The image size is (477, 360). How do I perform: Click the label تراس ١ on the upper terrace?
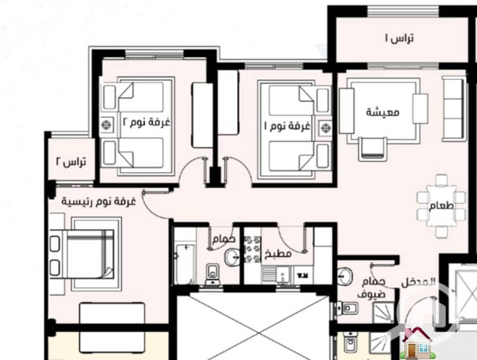399,38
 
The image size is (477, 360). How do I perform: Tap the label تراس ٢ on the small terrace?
71,162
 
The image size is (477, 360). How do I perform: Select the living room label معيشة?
383,112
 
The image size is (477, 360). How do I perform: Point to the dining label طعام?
441,206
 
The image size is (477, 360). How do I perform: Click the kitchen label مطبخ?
278,253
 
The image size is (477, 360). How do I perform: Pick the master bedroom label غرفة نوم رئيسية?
99,201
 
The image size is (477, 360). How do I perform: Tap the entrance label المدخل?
419,283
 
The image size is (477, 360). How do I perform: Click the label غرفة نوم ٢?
146,122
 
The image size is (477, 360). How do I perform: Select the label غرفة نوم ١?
287,126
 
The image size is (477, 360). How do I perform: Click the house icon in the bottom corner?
416,343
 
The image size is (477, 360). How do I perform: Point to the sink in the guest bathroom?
345,276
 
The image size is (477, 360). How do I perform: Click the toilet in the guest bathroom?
347,309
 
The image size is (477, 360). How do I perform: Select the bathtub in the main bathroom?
185,264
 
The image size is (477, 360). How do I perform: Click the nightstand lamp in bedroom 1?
325,128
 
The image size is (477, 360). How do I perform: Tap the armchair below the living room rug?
373,149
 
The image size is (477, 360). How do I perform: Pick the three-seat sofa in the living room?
454,108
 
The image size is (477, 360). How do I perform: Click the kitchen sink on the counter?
282,275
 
